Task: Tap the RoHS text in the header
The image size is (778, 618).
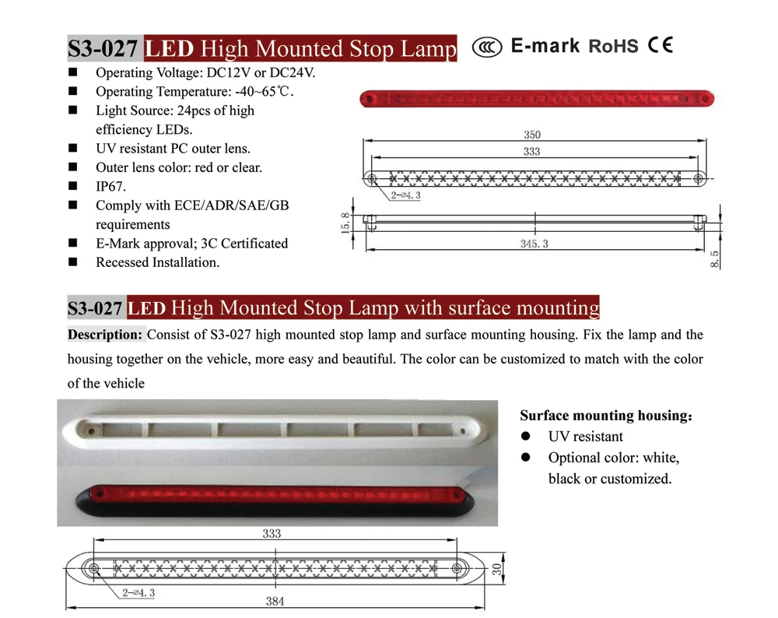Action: point(613,47)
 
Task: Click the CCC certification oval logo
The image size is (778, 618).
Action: point(487,47)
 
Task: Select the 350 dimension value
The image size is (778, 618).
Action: point(532,135)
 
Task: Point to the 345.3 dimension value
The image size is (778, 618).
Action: point(534,244)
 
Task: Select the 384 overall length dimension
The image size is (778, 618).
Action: point(276,601)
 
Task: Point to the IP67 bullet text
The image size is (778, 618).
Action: point(110,187)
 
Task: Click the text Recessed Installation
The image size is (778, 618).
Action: point(157,262)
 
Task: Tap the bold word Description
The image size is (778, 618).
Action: point(106,335)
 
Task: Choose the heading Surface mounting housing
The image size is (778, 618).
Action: point(605,416)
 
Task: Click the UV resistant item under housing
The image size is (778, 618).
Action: point(585,437)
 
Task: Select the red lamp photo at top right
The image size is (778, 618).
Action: point(537,100)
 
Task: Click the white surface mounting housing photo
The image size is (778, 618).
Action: point(277,429)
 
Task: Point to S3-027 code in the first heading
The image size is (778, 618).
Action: point(103,49)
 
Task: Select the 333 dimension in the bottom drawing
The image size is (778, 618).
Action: point(271,534)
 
